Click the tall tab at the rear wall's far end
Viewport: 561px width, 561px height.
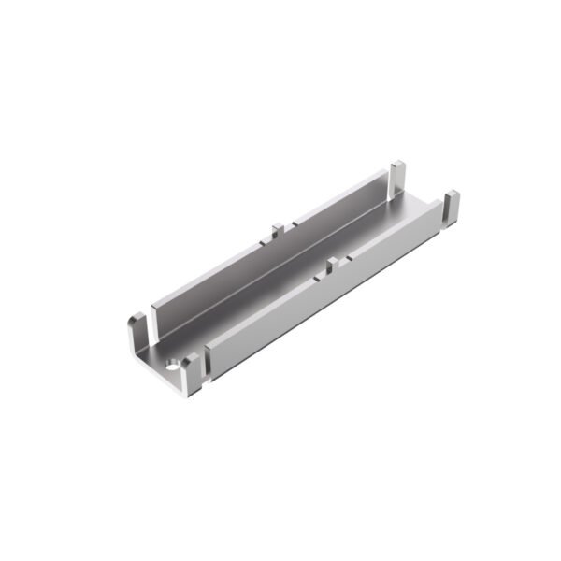397,178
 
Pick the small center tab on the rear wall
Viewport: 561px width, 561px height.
277,230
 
